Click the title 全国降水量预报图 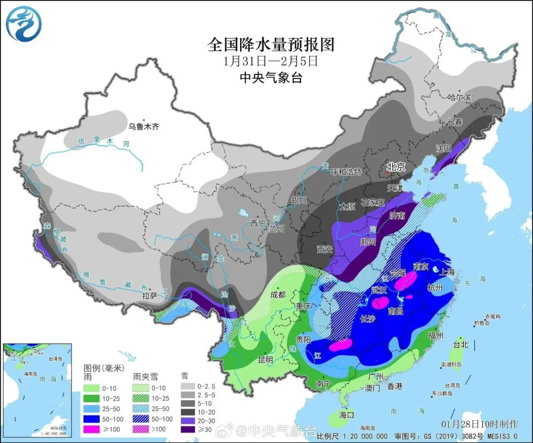tap(271, 45)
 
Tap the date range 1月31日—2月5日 tap(270, 62)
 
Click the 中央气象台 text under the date tap(270, 77)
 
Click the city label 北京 tap(395, 168)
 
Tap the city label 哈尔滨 tap(460, 98)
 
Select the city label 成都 tap(278, 295)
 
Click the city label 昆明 tap(266, 360)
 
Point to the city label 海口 tap(347, 415)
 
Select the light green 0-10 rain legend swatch tap(92, 387)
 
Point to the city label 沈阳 tap(444, 148)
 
